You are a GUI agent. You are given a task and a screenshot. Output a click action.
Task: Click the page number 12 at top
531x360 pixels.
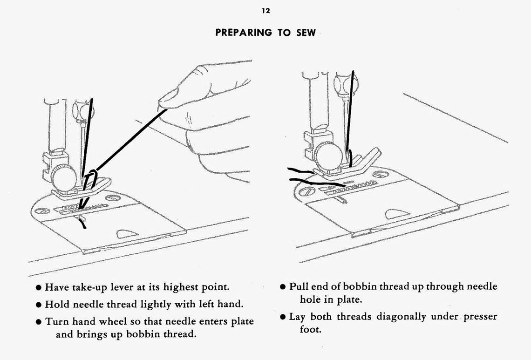(x=265, y=11)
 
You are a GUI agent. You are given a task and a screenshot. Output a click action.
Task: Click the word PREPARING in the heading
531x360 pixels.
(x=243, y=33)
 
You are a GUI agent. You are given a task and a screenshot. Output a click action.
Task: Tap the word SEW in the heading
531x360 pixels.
(x=306, y=33)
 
